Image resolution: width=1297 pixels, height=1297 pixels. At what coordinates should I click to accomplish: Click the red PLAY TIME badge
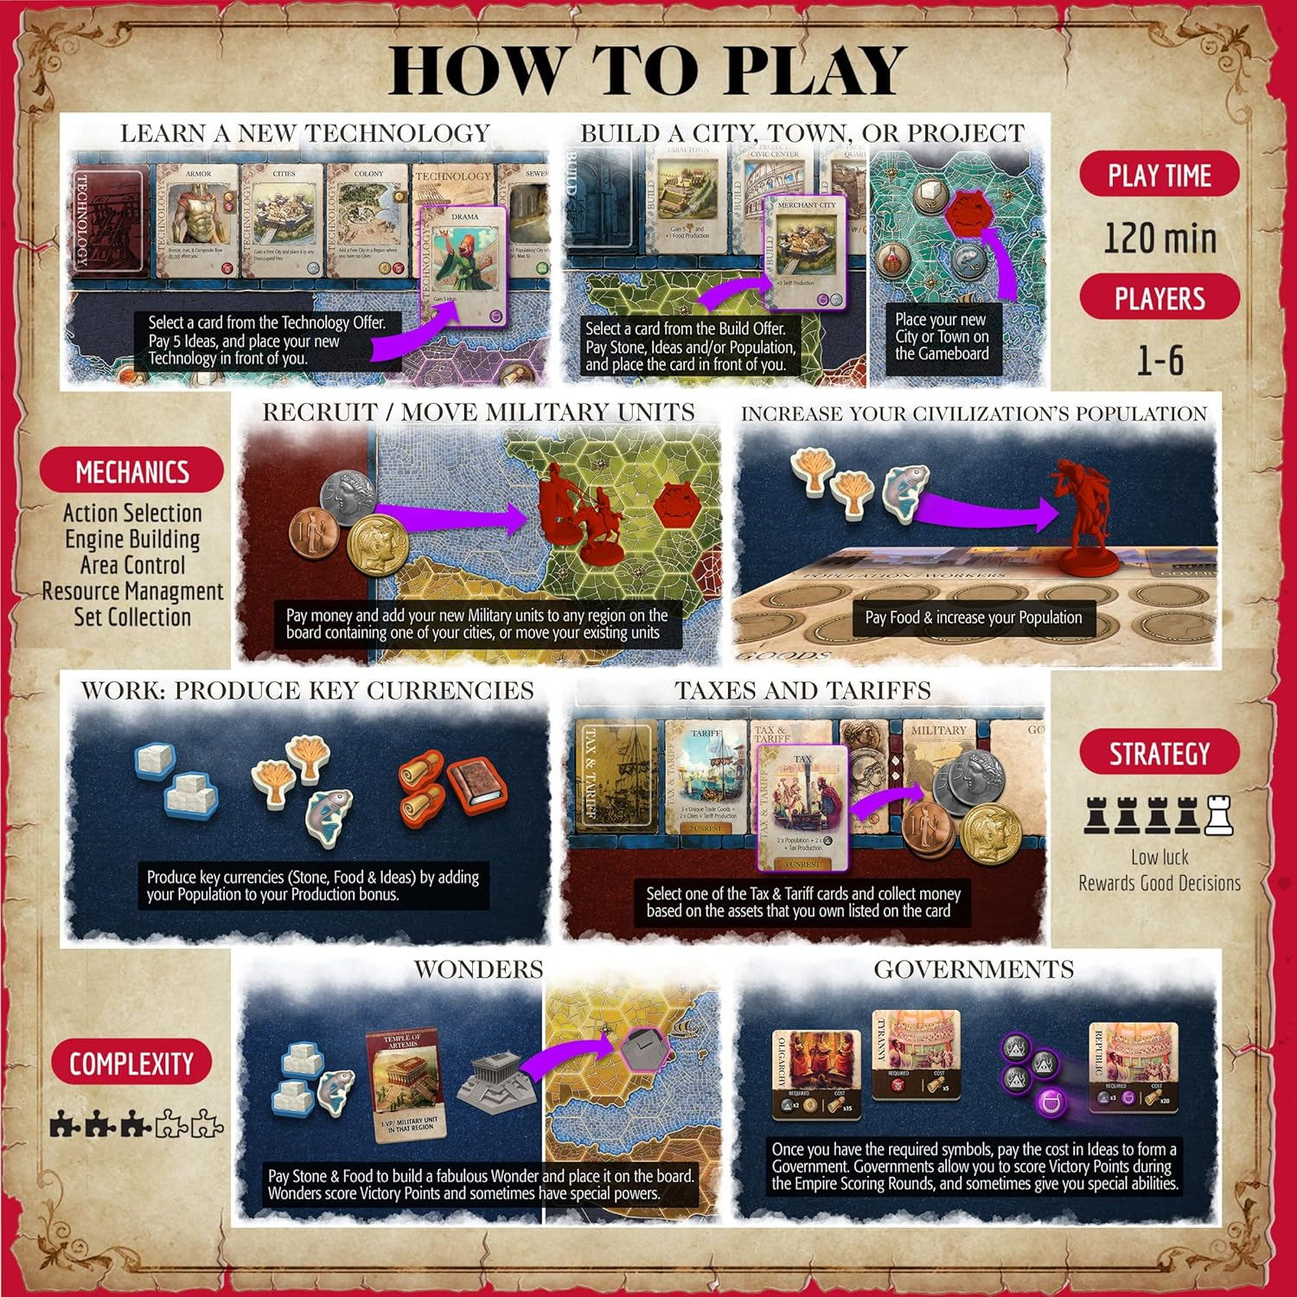click(1159, 176)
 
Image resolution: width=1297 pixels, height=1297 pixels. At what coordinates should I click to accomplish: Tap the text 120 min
click(1160, 238)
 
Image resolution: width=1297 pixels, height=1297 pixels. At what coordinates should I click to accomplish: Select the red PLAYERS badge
click(1159, 299)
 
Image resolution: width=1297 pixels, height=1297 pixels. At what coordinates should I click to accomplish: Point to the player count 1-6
click(1160, 360)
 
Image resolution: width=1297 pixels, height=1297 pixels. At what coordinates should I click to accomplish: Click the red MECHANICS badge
click(131, 471)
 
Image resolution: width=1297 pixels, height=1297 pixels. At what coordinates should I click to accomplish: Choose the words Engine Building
click(132, 540)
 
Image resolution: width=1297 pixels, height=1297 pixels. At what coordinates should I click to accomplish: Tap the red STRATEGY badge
click(1159, 753)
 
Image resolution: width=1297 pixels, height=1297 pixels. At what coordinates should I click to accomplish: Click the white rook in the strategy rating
click(1219, 813)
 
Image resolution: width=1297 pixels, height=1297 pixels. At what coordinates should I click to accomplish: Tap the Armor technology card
click(197, 220)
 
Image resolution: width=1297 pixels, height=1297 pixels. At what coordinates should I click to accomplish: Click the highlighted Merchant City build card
click(806, 251)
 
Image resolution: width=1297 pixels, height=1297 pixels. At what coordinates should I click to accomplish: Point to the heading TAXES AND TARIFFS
click(802, 690)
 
